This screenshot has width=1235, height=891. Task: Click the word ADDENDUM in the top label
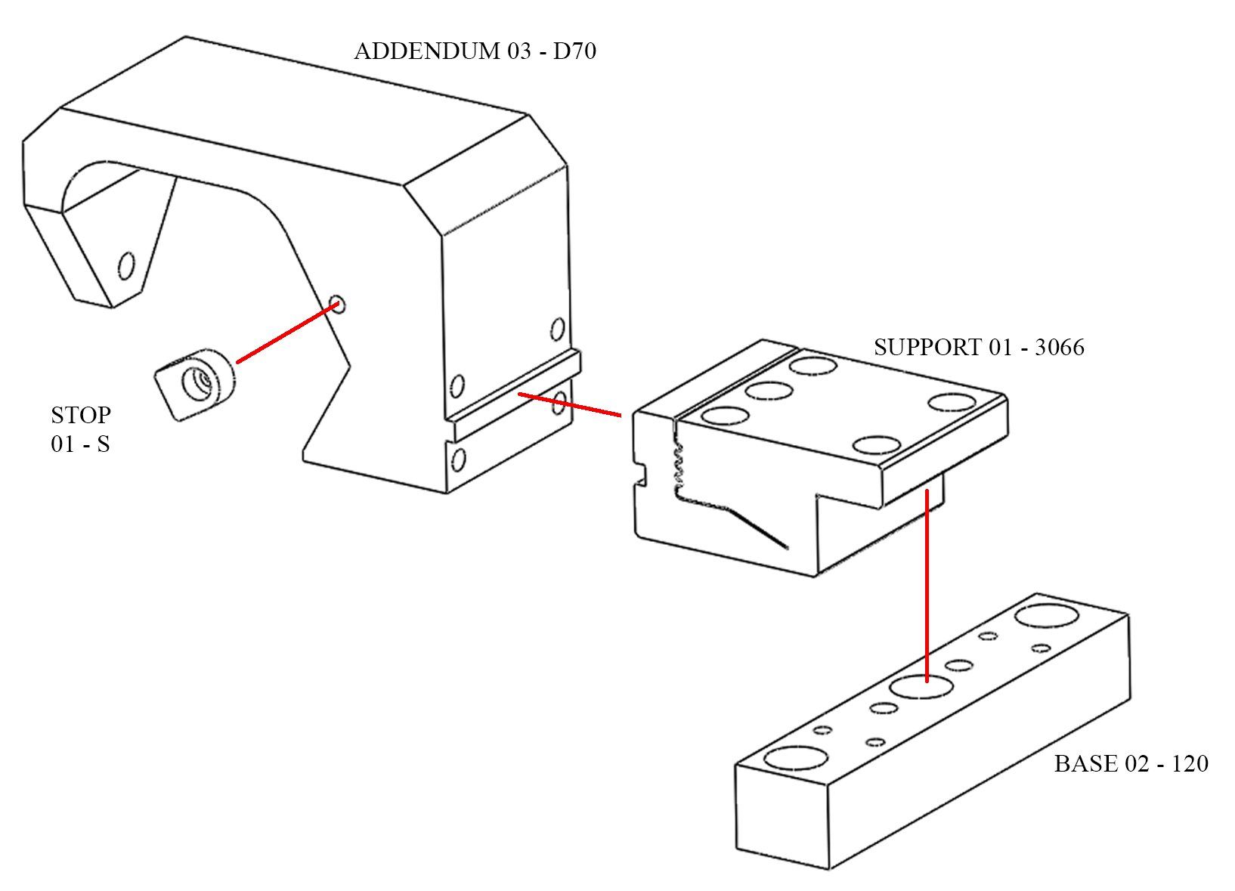[x=427, y=51]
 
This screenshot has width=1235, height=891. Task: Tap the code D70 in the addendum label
[x=574, y=51]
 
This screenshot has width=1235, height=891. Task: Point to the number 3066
[x=1059, y=348]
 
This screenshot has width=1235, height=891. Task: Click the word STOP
[x=81, y=415]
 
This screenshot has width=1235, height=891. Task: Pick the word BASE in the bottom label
[x=1084, y=763]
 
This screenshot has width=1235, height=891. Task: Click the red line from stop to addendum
[x=288, y=333]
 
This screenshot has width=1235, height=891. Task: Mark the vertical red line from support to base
[x=927, y=586]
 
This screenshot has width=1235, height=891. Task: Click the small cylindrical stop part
[x=195, y=384]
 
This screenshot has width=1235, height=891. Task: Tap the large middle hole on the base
[x=921, y=686]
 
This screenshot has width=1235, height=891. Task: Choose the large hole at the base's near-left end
[x=796, y=757]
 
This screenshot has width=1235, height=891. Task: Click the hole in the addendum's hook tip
[x=126, y=266]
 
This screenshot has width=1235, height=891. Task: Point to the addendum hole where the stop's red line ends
[x=337, y=304]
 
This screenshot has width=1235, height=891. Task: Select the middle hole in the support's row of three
[x=769, y=391]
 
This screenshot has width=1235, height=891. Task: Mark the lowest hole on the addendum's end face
[x=457, y=459]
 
